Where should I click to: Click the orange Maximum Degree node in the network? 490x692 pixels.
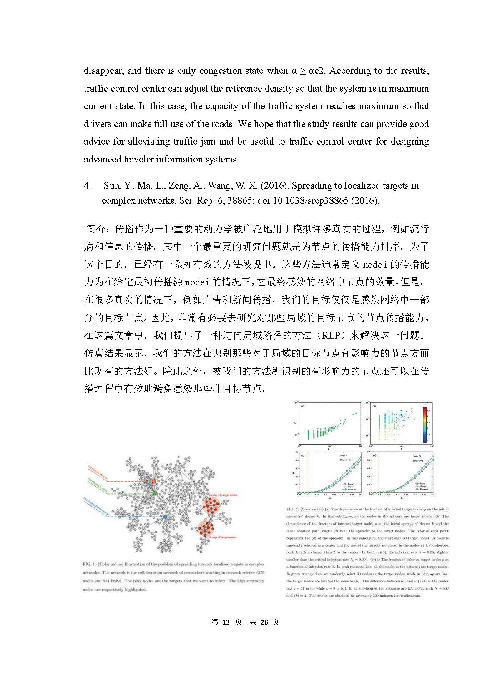[153, 481]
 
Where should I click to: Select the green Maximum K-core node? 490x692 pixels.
[156, 493]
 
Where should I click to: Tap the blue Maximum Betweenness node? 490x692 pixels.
[166, 517]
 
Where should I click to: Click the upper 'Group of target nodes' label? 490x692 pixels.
[223, 495]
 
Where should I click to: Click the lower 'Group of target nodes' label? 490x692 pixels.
[223, 537]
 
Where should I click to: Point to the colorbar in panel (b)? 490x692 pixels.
[425, 424]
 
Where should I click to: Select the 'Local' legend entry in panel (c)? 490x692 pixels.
[344, 484]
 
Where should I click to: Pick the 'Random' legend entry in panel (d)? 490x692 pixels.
[423, 489]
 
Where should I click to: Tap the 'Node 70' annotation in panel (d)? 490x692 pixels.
[417, 457]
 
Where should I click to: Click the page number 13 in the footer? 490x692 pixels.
[226, 622]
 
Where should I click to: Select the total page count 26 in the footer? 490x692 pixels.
[264, 622]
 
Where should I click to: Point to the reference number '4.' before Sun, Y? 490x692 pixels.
[87, 186]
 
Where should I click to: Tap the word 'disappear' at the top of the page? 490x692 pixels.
[103, 71]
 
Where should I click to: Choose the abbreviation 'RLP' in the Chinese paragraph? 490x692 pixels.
[332, 335]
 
